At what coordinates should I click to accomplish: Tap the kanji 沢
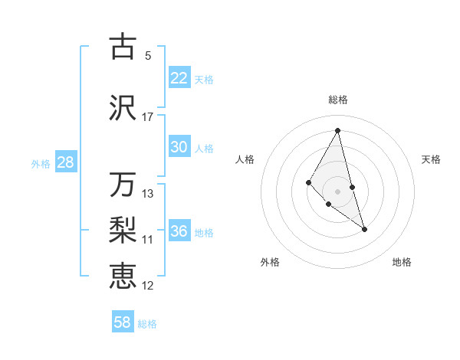123,108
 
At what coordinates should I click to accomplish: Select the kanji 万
123,185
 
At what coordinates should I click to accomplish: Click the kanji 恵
123,275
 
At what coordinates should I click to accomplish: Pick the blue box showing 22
179,78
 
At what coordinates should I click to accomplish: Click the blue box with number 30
179,148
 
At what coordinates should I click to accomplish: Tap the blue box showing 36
179,232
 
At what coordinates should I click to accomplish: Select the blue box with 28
65,162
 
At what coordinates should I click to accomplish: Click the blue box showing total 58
123,322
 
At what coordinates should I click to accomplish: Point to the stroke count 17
148,117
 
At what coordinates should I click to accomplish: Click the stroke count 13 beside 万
148,194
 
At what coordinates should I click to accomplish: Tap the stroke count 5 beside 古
148,55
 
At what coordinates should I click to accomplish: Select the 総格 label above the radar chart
337,100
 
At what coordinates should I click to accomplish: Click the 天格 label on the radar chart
431,159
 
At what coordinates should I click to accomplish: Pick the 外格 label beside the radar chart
270,262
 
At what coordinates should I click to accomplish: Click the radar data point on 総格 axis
337,130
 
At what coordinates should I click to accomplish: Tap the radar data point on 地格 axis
364,229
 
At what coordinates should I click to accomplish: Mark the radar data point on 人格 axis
308,182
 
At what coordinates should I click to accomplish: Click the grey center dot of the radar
337,191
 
